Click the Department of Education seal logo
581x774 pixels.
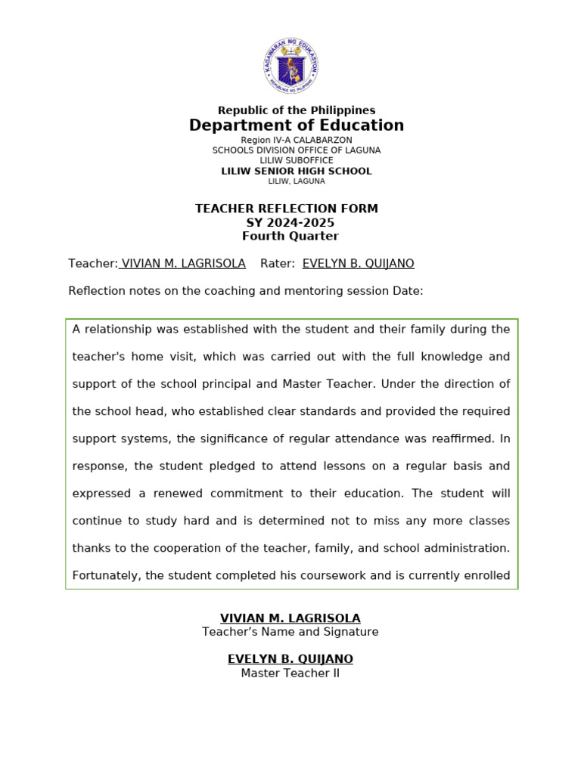click(290, 66)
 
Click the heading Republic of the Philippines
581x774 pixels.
click(297, 110)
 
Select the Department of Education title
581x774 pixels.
click(297, 125)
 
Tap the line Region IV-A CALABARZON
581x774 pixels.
click(297, 141)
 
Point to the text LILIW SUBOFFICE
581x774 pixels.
click(297, 160)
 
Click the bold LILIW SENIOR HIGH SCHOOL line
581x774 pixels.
click(297, 171)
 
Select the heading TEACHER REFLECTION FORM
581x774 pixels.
click(287, 209)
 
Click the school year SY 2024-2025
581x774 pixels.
click(290, 222)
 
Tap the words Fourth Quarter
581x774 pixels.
click(290, 236)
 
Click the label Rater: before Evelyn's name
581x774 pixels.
click(277, 263)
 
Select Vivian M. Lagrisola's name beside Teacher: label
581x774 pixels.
click(183, 263)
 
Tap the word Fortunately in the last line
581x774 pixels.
click(105, 575)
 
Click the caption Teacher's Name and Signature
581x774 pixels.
click(290, 632)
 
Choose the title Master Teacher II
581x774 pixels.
click(290, 673)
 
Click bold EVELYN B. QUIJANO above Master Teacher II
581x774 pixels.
click(290, 659)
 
